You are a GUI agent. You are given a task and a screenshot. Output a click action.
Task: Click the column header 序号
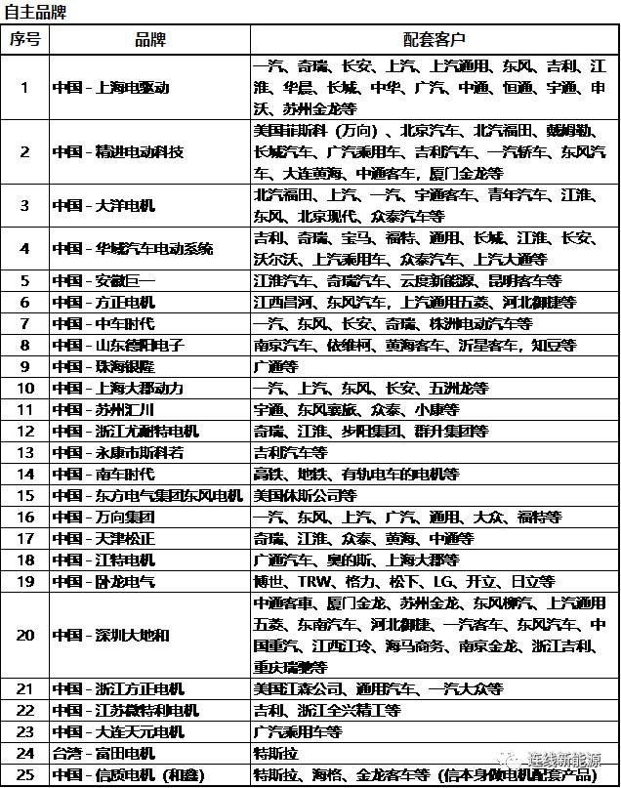pyautogui.click(x=25, y=39)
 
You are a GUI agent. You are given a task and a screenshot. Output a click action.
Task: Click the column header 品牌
pyautogui.click(x=150, y=39)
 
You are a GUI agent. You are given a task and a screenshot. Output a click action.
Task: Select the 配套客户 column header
pyautogui.click(x=434, y=39)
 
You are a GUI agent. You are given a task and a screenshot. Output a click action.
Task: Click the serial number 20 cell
pyautogui.click(x=25, y=635)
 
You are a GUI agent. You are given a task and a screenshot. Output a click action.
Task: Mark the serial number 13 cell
pyautogui.click(x=25, y=452)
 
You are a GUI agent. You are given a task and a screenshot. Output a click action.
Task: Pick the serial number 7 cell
pyautogui.click(x=25, y=323)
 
